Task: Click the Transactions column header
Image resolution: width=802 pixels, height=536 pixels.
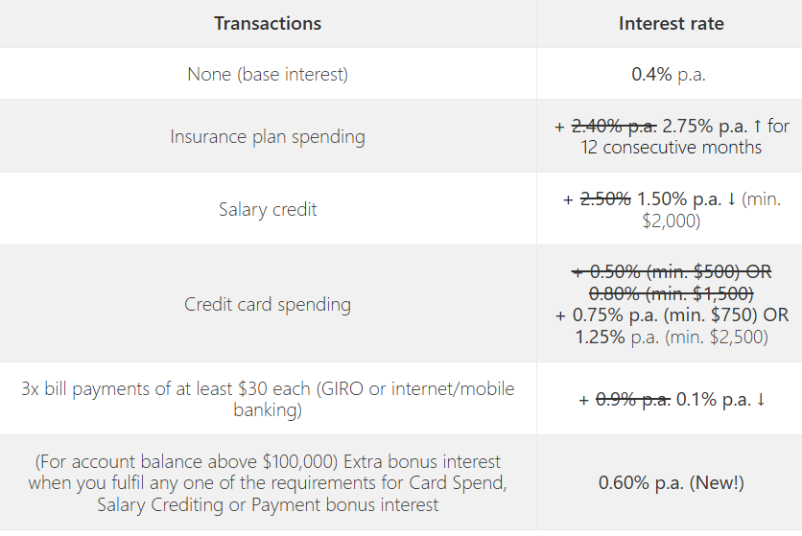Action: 268,24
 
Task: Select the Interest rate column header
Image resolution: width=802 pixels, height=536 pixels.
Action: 672,24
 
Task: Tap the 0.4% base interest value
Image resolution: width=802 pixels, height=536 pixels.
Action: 651,74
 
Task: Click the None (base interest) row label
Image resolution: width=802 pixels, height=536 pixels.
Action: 268,75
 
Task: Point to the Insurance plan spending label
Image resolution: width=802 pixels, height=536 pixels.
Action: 268,137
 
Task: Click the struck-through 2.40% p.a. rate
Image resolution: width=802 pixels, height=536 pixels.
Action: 614,126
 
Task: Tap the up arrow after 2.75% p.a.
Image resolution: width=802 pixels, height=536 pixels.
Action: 758,126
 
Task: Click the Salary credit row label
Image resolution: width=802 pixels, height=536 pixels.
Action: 268,210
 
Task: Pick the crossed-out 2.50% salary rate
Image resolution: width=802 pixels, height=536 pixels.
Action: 605,198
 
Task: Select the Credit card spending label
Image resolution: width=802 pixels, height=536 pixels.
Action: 268,305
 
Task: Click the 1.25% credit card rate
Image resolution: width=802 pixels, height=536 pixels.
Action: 600,338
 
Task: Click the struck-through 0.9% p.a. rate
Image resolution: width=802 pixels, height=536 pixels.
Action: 633,400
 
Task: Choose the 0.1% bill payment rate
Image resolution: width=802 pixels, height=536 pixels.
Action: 696,400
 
